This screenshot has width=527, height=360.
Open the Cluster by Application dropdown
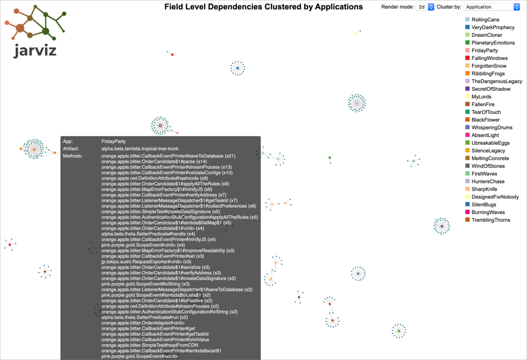click(x=491, y=7)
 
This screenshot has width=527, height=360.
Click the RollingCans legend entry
click(x=485, y=20)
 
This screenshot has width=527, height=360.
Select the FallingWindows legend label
click(x=489, y=58)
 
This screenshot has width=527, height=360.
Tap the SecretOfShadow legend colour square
click(x=468, y=89)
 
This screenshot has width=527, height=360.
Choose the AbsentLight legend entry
click(x=485, y=135)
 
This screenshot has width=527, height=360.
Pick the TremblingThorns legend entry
click(x=491, y=220)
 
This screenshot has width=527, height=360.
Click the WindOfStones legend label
click(x=488, y=166)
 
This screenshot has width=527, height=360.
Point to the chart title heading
click(x=263, y=7)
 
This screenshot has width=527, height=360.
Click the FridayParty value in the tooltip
click(x=113, y=141)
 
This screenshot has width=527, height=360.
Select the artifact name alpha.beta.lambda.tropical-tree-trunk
click(x=140, y=149)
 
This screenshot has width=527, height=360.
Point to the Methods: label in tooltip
click(x=72, y=156)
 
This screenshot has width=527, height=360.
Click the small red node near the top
click(x=172, y=54)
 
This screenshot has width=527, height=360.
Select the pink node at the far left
click(x=10, y=245)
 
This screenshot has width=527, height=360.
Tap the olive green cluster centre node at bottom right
click(x=398, y=331)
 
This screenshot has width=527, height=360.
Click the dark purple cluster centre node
click(x=441, y=226)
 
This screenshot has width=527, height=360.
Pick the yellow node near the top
click(x=355, y=33)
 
